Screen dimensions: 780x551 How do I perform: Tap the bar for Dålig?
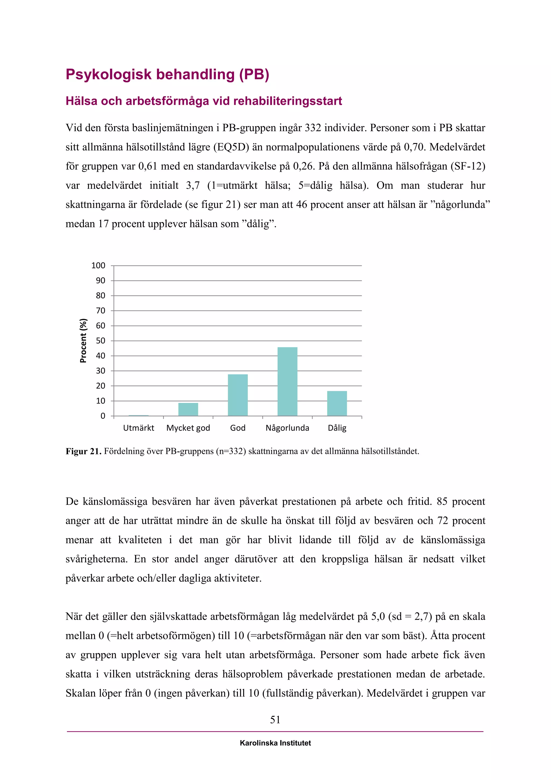(x=337, y=403)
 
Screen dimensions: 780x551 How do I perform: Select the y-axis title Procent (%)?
(x=83, y=340)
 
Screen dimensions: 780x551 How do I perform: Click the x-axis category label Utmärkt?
(x=139, y=428)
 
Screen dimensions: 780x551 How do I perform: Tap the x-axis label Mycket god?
(x=188, y=428)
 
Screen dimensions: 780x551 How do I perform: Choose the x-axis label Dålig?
(x=337, y=428)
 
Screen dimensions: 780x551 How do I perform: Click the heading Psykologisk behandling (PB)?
(x=167, y=74)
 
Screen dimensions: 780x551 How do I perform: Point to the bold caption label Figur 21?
(x=83, y=451)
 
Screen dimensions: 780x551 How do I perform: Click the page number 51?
(x=275, y=719)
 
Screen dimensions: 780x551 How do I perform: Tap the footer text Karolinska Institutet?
(x=275, y=743)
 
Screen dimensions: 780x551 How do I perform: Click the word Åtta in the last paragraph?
(x=440, y=635)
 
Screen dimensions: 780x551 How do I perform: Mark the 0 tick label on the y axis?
(x=103, y=416)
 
